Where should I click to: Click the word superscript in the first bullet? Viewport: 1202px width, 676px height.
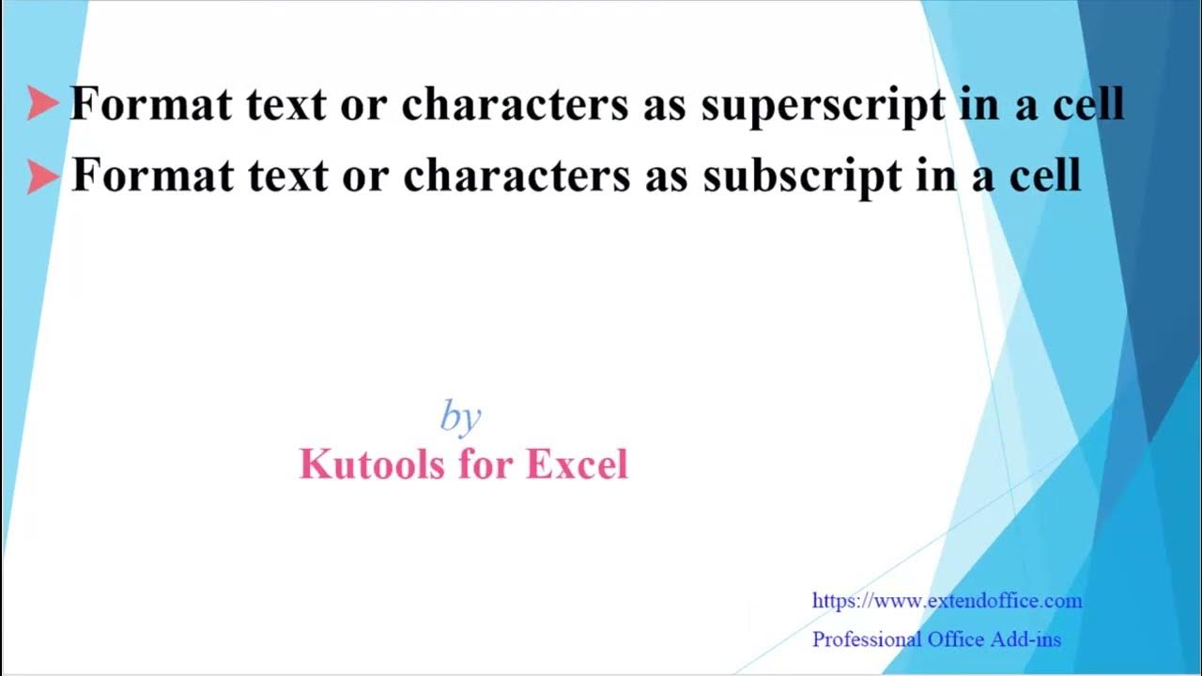pyautogui.click(x=823, y=105)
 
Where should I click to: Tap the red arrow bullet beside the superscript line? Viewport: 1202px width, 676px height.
pyautogui.click(x=42, y=103)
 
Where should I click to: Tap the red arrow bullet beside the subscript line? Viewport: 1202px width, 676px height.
pyautogui.click(x=43, y=176)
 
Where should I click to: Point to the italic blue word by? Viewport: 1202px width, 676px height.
pyautogui.click(x=460, y=416)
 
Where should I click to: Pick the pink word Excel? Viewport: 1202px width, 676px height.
pyautogui.click(x=577, y=464)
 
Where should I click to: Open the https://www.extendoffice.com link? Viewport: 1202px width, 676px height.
pyautogui.click(x=947, y=601)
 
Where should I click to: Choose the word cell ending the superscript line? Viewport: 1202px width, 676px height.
pyautogui.click(x=1087, y=103)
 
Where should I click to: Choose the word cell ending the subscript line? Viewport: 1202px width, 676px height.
pyautogui.click(x=1044, y=175)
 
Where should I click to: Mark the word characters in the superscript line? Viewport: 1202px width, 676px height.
pyautogui.click(x=515, y=104)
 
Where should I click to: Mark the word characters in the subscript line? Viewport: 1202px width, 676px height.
pyautogui.click(x=516, y=176)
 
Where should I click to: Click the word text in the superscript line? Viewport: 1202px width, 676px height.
pyautogui.click(x=287, y=104)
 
